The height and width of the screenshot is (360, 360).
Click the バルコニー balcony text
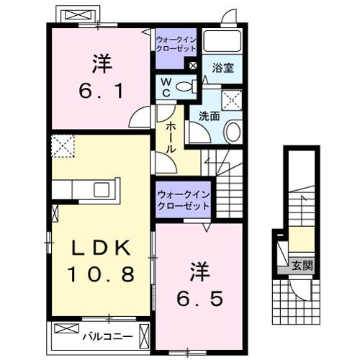point(107,336)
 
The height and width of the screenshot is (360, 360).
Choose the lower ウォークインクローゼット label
point(182,199)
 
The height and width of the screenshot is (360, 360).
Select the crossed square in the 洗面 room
point(232,100)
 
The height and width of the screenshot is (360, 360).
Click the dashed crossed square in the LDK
point(63,146)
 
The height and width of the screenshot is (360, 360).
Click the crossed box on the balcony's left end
point(65,328)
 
